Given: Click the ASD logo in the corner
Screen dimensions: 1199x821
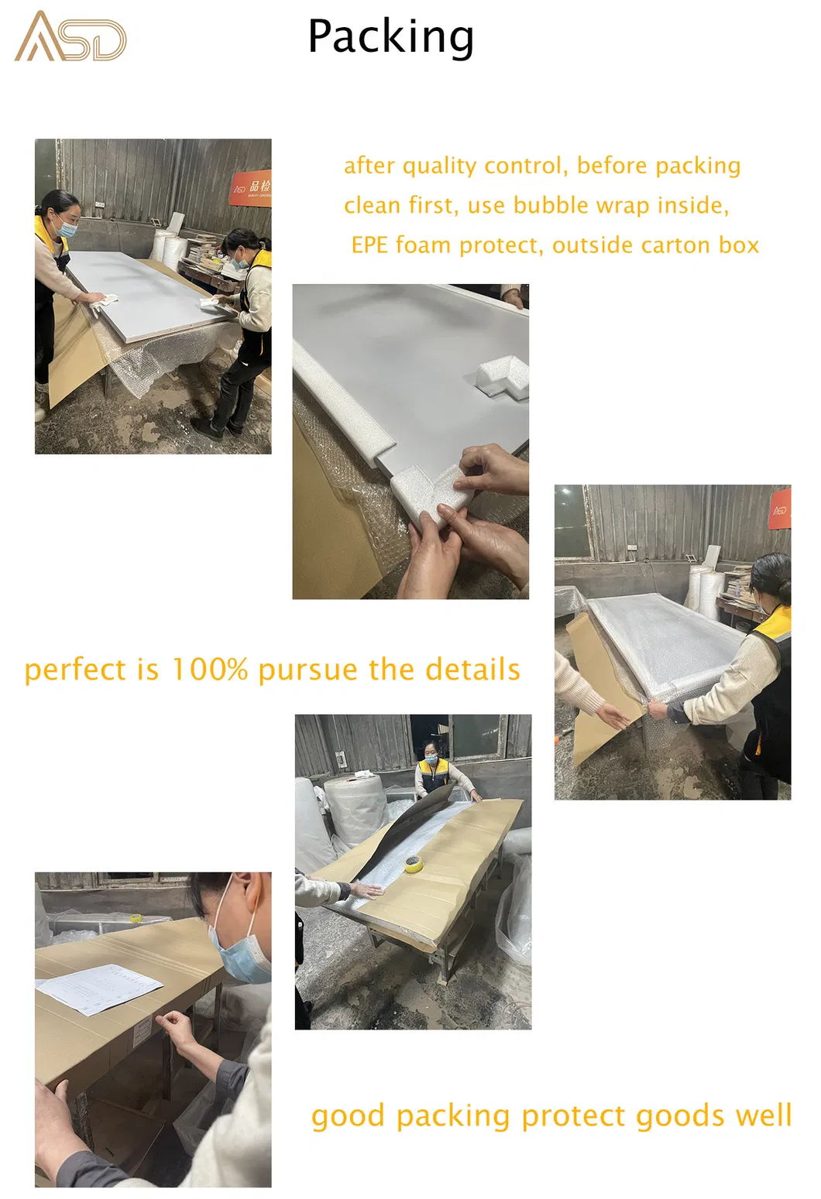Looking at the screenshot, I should (x=70, y=37).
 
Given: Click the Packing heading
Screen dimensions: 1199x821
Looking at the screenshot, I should (x=390, y=37).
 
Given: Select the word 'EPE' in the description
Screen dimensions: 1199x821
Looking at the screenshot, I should (x=369, y=245).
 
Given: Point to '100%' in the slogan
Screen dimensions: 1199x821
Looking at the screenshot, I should (x=209, y=670).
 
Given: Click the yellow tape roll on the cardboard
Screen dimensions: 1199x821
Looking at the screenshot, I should (x=414, y=863).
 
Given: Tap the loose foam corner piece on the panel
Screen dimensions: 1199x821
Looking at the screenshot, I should (x=501, y=376).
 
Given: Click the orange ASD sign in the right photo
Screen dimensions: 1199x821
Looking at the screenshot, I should (x=779, y=509).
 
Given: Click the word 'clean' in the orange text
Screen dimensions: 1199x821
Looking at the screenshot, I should (x=372, y=205).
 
